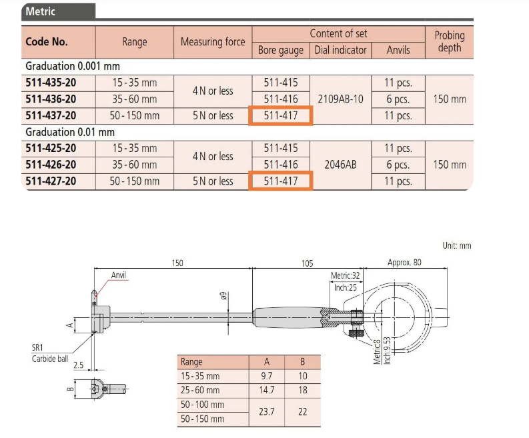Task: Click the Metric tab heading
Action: pyautogui.click(x=40, y=11)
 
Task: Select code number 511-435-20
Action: pyautogui.click(x=51, y=83)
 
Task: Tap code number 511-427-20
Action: pyautogui.click(x=51, y=181)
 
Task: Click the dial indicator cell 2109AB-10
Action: pyautogui.click(x=340, y=99)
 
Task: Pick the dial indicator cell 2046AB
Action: pyautogui.click(x=340, y=165)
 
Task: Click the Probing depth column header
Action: pyautogui.click(x=450, y=41)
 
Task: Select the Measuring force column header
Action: pyautogui.click(x=213, y=42)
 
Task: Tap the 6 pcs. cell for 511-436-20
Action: pyautogui.click(x=398, y=99)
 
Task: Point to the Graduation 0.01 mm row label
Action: pyautogui.click(x=70, y=132)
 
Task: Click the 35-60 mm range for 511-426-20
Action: pyautogui.click(x=135, y=165)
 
